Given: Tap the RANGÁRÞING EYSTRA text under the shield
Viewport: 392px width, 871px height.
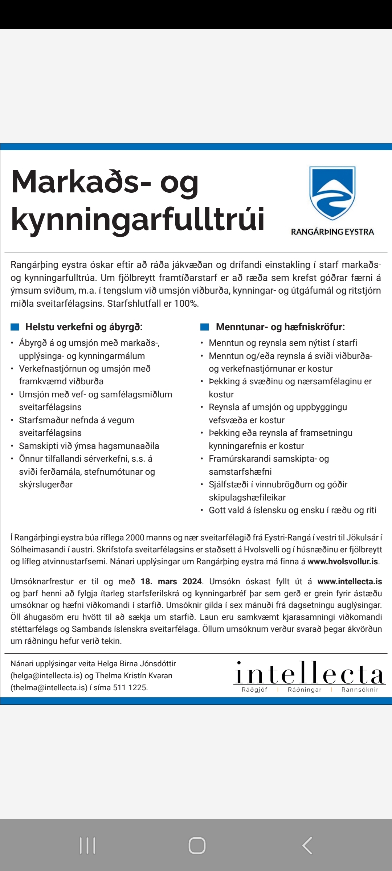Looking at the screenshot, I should pyautogui.click(x=332, y=232).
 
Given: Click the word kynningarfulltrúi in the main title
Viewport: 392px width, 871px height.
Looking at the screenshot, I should pyautogui.click(x=138, y=219).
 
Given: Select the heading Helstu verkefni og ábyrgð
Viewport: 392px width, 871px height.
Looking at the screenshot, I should pyautogui.click(x=84, y=327).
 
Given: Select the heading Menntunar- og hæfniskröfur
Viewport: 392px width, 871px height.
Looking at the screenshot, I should pyautogui.click(x=280, y=327).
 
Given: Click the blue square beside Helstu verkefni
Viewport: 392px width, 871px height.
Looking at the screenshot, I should pyautogui.click(x=15, y=327).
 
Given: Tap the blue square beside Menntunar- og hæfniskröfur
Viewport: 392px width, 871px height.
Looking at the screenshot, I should pyautogui.click(x=205, y=327).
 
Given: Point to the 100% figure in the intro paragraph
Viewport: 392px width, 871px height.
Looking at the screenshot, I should pyautogui.click(x=186, y=304).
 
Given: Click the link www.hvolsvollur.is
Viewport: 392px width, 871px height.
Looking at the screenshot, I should pyautogui.click(x=343, y=561).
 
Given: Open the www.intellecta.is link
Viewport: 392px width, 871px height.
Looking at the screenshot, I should pyautogui.click(x=350, y=581).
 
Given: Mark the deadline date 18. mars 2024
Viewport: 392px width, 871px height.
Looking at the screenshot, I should pyautogui.click(x=171, y=581).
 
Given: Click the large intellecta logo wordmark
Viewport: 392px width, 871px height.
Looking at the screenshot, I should pyautogui.click(x=309, y=674).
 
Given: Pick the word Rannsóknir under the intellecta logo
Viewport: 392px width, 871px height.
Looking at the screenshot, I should pyautogui.click(x=360, y=690).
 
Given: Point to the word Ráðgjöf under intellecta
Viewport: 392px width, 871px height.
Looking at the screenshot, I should pyautogui.click(x=254, y=690).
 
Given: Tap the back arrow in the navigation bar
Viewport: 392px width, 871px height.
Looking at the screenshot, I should pyautogui.click(x=307, y=846).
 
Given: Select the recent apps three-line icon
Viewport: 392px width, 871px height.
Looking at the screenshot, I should pyautogui.click(x=87, y=846).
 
